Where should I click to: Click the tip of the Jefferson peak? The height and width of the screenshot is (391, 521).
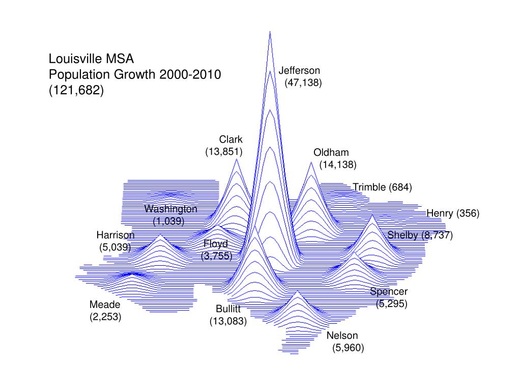[270, 32]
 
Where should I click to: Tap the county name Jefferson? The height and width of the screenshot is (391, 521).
[299, 71]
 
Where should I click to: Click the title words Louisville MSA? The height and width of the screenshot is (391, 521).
[91, 58]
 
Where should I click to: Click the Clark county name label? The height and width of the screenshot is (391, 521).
[231, 139]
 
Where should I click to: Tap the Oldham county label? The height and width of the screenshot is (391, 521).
[331, 153]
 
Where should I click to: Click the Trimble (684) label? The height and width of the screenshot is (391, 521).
[382, 187]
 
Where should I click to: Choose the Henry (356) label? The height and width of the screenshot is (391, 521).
[453, 213]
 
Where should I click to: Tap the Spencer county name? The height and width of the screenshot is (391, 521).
[389, 292]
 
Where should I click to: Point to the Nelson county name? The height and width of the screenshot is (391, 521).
[342, 336]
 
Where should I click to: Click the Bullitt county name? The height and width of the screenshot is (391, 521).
[228, 309]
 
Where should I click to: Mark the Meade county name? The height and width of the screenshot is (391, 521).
[105, 305]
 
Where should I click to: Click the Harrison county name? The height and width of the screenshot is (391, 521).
[115, 235]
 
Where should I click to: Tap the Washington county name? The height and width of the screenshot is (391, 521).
[170, 209]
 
